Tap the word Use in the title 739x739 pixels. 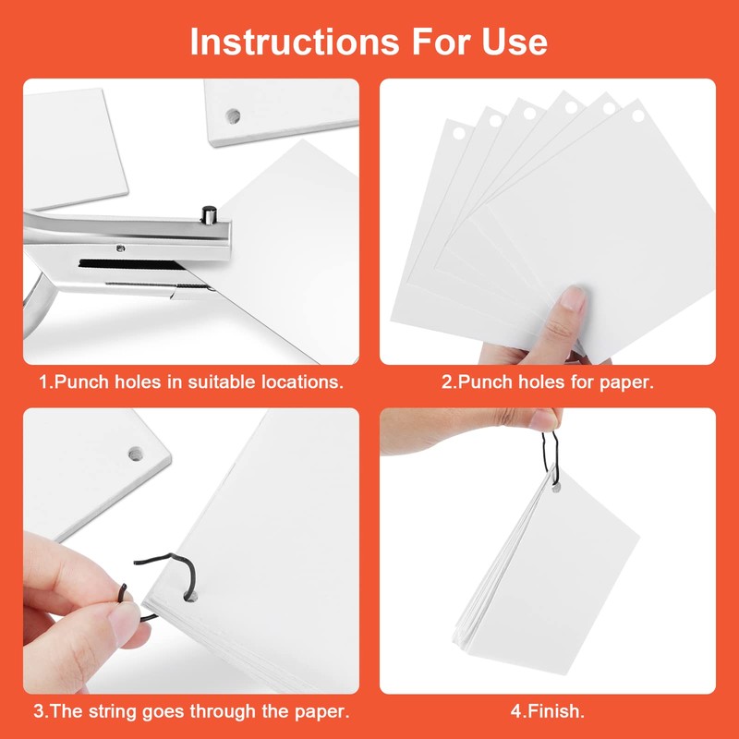pos(512,42)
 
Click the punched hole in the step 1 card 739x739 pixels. pos(234,115)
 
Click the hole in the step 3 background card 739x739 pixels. pos(135,454)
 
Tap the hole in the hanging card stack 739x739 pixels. pos(554,489)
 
